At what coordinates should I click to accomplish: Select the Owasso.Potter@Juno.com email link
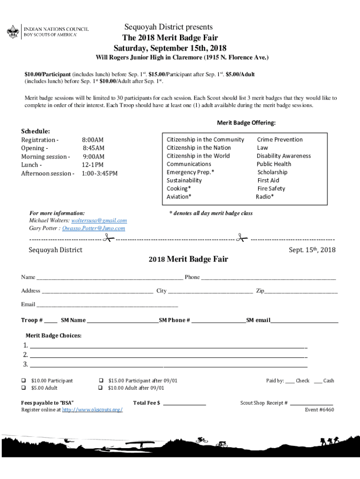(96, 228)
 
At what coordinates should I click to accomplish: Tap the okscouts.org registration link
(93, 410)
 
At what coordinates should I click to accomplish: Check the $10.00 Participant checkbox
(23, 381)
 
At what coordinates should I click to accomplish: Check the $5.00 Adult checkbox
(23, 388)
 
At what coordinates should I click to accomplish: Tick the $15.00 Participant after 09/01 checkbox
(100, 381)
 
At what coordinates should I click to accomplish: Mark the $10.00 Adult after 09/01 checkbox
(100, 388)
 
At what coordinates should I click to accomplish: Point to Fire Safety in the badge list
(271, 189)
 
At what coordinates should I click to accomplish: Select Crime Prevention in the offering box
(280, 139)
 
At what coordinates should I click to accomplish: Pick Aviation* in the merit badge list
(179, 197)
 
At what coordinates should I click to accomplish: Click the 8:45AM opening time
(94, 148)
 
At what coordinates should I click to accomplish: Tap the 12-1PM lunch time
(93, 165)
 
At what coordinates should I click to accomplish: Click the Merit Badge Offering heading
(246, 123)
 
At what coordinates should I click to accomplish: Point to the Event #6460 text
(319, 410)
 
